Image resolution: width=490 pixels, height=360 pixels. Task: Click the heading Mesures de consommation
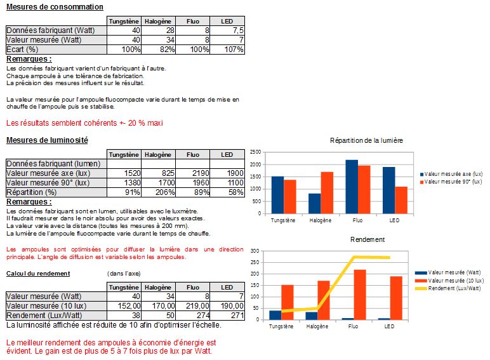coord(54,7)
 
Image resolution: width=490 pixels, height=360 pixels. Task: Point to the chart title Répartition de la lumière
coord(366,140)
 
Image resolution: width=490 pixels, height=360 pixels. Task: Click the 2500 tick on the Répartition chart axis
coord(255,152)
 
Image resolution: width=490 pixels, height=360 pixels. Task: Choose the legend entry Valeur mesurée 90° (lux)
coord(453,182)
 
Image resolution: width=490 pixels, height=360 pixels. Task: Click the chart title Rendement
coord(366,239)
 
